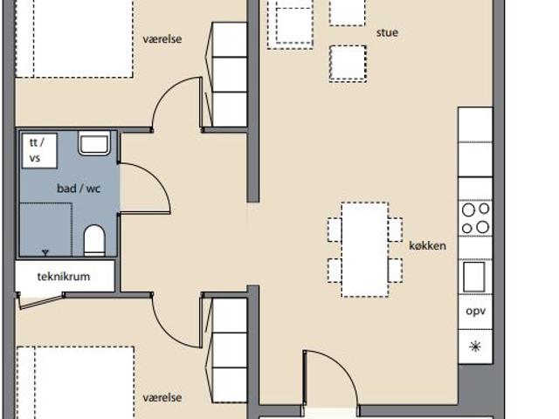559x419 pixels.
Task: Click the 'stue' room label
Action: [387, 33]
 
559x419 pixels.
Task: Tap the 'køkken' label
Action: [427, 245]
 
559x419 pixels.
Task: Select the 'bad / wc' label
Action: [79, 189]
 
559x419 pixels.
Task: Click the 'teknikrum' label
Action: [64, 277]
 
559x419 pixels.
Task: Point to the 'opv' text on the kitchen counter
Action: [475, 311]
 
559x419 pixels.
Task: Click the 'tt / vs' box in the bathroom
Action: [39, 151]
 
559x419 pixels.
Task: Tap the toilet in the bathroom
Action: [94, 241]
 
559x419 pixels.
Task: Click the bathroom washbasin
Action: [94, 143]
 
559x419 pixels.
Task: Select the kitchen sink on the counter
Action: [473, 277]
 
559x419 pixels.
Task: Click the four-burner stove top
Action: [475, 218]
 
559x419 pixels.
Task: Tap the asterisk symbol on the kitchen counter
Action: [475, 347]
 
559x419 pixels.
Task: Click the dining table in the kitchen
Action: [365, 250]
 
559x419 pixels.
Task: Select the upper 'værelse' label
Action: [162, 38]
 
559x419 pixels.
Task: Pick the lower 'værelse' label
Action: [162, 397]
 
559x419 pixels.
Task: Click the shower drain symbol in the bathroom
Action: [45, 252]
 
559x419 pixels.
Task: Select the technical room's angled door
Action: [41, 301]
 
